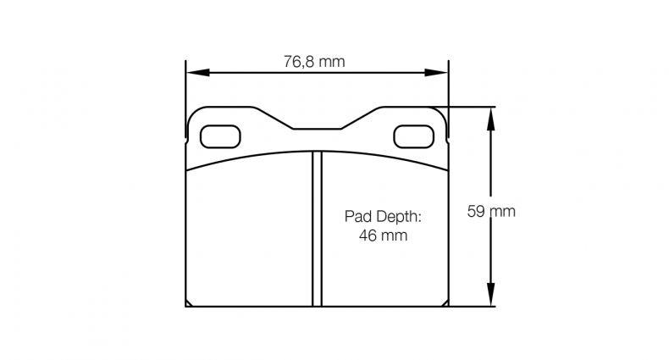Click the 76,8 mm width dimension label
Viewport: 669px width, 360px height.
314,61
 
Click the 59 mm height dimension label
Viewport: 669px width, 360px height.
491,211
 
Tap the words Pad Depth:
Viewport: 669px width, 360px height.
382,217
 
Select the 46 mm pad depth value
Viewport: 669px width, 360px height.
383,236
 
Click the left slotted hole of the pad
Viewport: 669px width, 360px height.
219,135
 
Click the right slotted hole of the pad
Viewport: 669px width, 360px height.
414,135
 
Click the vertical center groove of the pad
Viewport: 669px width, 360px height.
317,229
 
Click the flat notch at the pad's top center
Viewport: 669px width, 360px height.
317,129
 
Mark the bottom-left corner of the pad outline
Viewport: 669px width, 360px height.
186,305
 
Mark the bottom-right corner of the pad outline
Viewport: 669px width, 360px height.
448,305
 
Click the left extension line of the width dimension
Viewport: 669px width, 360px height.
185,93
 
